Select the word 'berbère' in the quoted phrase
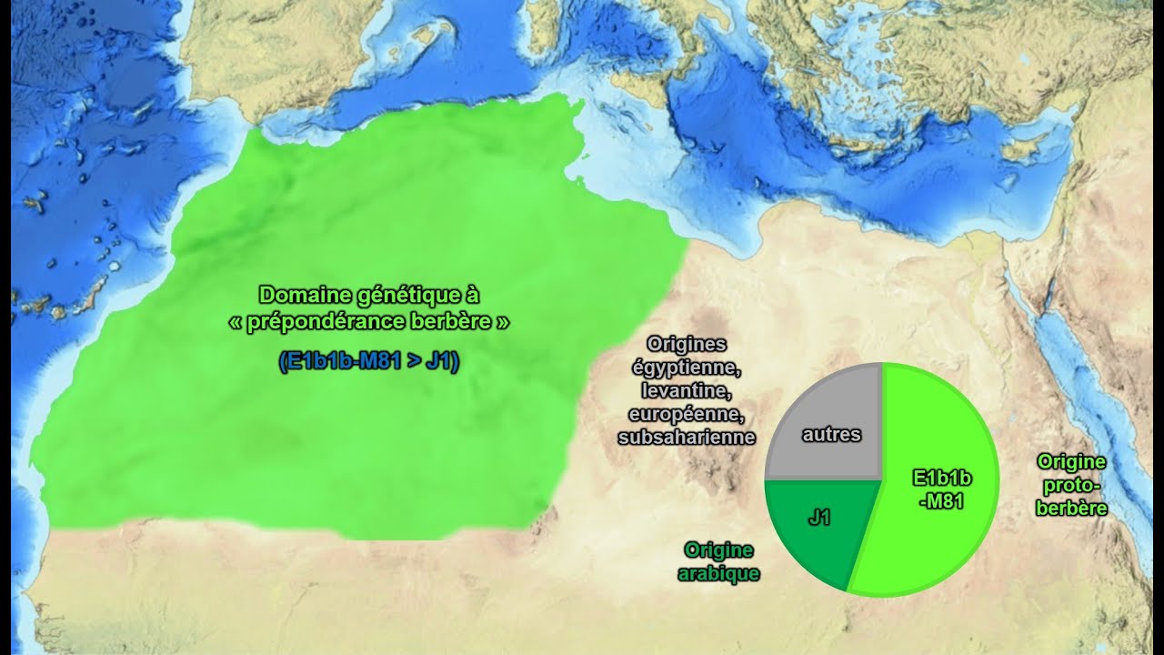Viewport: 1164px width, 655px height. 460,323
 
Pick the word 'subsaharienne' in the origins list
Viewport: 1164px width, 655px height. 687,438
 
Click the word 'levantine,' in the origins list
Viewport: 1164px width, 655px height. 687,391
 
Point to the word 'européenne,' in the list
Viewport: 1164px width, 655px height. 687,415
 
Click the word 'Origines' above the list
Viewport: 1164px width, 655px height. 687,345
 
